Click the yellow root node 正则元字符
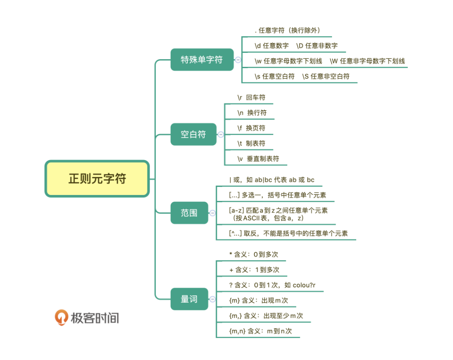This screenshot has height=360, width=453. (97, 179)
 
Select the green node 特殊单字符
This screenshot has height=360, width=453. (202, 60)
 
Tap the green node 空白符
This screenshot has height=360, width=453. (193, 134)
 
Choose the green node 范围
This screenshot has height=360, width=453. (189, 213)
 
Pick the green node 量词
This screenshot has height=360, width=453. (189, 299)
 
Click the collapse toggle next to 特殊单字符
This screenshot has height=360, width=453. (238, 60)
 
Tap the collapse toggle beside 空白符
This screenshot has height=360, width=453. (220, 134)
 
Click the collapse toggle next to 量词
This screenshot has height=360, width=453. (212, 299)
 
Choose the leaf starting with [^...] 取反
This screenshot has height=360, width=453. (288, 233)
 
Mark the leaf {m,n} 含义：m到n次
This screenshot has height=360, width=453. (260, 331)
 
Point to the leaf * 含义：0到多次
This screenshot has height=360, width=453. (253, 254)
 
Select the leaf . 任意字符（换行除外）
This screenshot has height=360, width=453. (287, 30)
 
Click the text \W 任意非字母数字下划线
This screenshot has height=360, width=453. (367, 61)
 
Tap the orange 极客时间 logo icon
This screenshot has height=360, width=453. (61, 317)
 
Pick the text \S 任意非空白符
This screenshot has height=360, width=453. (326, 76)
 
